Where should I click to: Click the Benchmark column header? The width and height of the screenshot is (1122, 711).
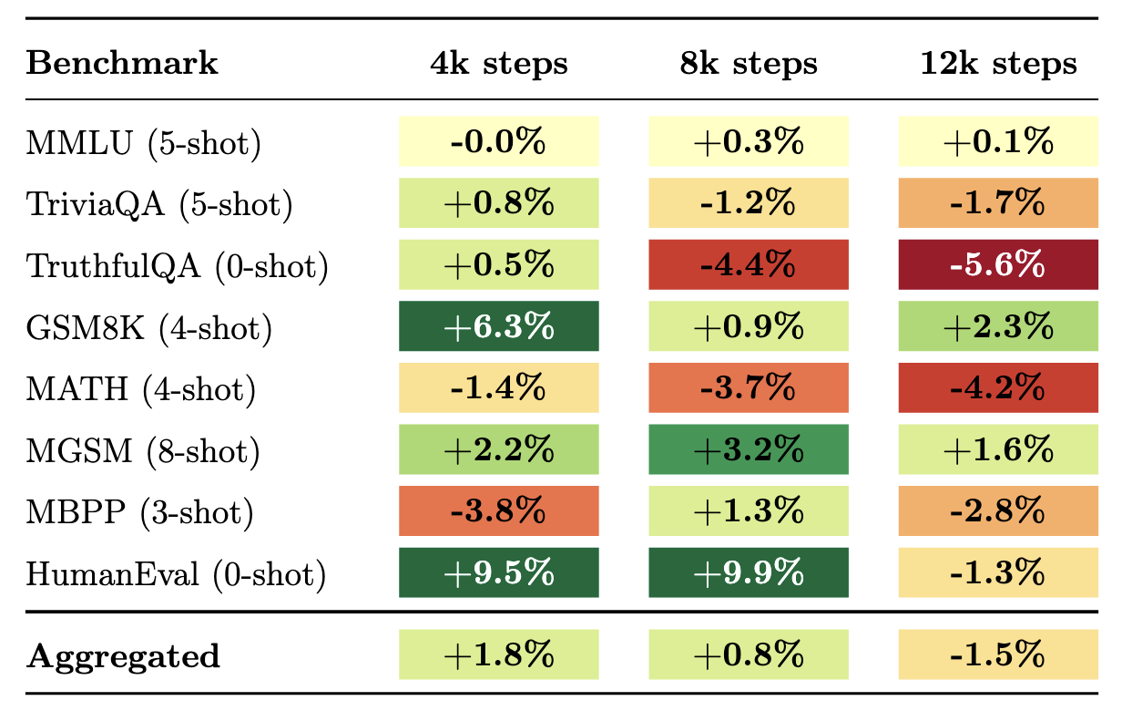click(122, 63)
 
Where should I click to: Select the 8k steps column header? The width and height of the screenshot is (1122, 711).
click(749, 63)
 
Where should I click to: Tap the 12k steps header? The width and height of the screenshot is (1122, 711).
click(998, 63)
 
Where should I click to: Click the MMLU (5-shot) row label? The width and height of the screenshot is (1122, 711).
click(143, 143)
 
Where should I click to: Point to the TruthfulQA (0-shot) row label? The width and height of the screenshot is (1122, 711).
click(177, 266)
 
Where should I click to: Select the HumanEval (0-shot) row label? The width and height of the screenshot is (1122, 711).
click(176, 573)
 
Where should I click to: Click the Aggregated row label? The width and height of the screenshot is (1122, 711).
click(123, 655)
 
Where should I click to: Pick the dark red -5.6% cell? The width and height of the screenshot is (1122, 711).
click(998, 264)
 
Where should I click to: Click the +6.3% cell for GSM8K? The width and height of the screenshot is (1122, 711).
click(499, 326)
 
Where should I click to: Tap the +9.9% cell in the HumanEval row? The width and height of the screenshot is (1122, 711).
click(749, 572)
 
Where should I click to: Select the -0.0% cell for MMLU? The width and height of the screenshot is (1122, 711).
click(499, 141)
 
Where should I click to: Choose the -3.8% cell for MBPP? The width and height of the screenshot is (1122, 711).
click(499, 511)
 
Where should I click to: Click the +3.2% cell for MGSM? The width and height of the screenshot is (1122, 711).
click(749, 449)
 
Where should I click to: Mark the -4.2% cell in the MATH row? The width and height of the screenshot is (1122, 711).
click(998, 387)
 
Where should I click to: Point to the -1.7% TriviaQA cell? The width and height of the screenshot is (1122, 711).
click(998, 203)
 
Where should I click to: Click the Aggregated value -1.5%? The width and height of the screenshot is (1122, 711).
click(998, 654)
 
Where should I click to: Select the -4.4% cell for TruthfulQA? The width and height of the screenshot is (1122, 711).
click(749, 264)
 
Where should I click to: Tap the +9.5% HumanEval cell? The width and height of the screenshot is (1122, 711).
click(499, 572)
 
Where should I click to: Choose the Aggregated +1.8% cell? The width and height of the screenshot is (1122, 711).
click(499, 654)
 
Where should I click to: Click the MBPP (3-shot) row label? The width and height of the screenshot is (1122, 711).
click(139, 512)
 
